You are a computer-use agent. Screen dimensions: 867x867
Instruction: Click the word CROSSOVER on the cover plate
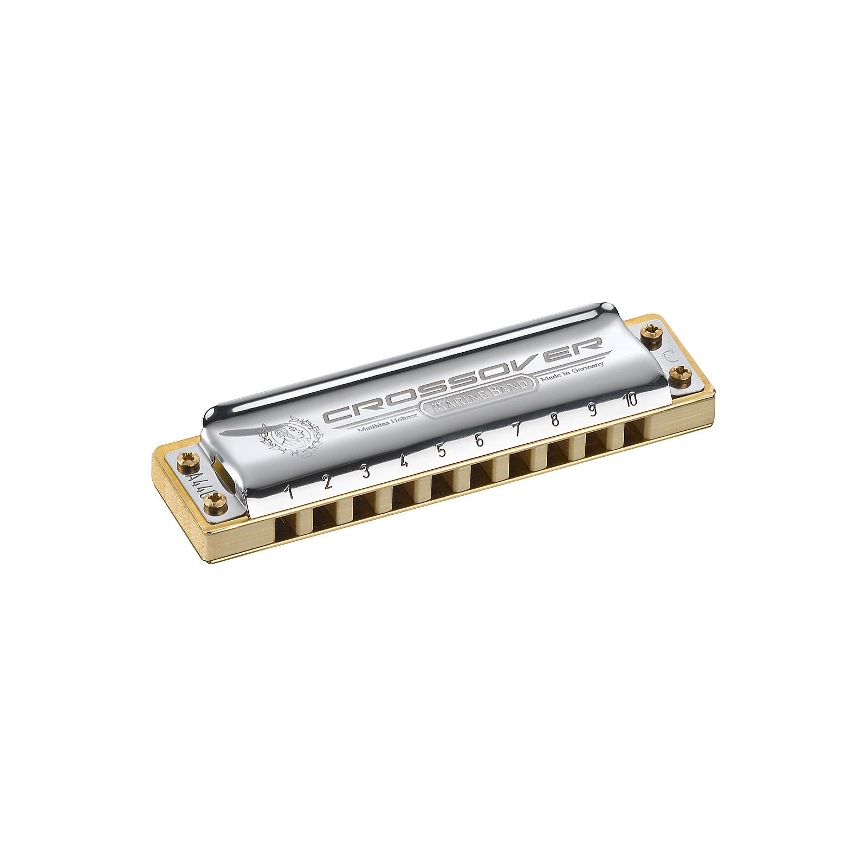(x=463, y=382)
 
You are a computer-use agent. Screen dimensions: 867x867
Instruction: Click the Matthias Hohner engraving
(x=374, y=426)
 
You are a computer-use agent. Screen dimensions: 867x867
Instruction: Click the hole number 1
(x=290, y=491)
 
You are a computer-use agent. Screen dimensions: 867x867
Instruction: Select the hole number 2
(x=327, y=482)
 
